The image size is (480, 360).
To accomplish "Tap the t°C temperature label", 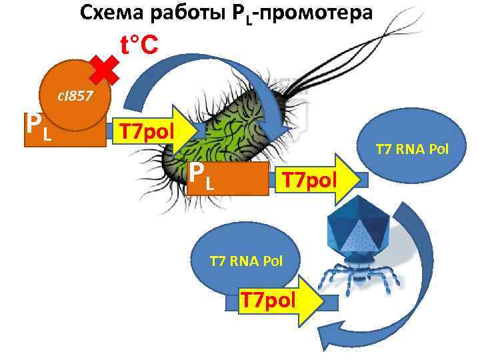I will point(139,45).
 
